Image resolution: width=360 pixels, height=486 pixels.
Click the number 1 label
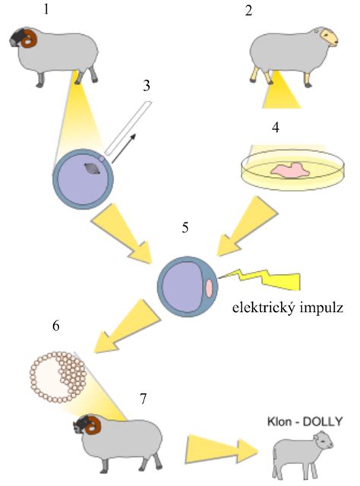[x=46, y=9]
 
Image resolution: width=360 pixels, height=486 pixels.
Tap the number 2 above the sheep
[x=248, y=11]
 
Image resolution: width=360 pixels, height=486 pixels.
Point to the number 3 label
[x=147, y=86]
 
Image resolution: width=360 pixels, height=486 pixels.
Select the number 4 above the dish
[x=276, y=128]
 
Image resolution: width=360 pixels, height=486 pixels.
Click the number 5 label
[x=185, y=228]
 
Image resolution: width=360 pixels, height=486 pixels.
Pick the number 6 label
[x=55, y=326]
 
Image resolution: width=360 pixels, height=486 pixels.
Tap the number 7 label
[x=143, y=399]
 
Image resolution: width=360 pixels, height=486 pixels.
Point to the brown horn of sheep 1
[x=29, y=39]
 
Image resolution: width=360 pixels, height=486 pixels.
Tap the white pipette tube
[x=128, y=128]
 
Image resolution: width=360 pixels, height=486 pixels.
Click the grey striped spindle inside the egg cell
[x=93, y=169]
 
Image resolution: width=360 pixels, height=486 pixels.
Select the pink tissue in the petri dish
[x=290, y=170]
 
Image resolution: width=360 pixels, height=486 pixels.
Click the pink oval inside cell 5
[x=210, y=287]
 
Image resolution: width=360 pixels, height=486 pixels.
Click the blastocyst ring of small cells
[x=58, y=377]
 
